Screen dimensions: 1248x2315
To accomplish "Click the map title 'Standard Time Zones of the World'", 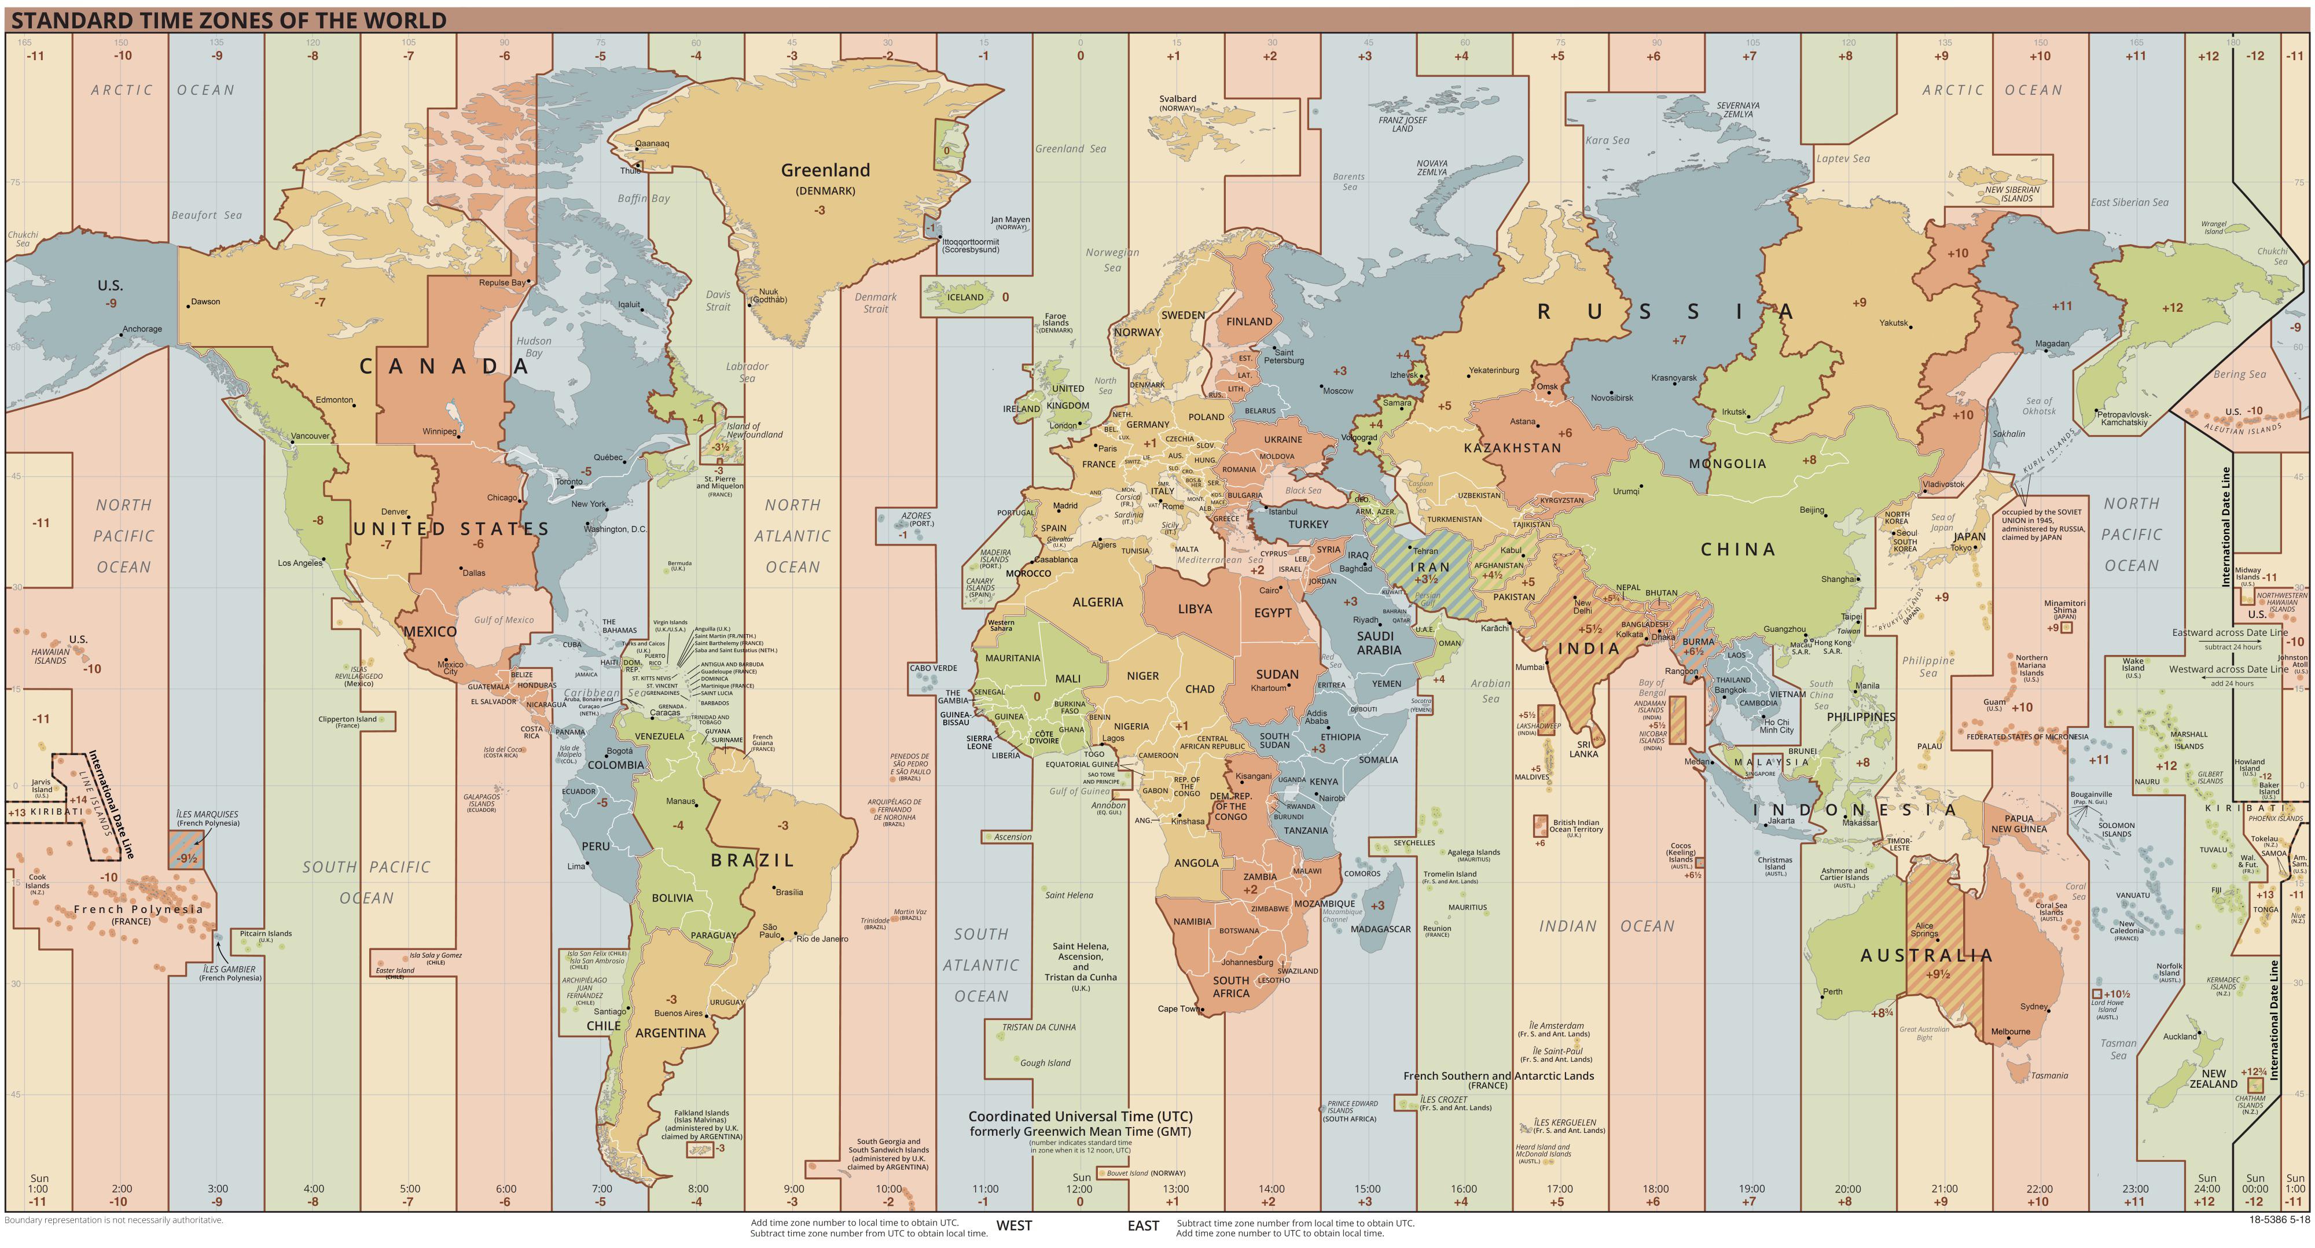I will (228, 20).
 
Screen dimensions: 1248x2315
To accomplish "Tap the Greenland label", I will (825, 170).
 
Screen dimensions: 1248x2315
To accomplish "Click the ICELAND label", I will (965, 297).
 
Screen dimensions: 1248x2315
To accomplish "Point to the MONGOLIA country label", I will (1726, 463).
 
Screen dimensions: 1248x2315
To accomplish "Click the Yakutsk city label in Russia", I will (1893, 322).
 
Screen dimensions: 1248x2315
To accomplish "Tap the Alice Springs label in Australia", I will (1924, 929).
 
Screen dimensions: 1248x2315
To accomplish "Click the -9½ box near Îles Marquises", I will (186, 858).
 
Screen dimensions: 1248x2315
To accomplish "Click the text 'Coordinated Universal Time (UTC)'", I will (1080, 1116).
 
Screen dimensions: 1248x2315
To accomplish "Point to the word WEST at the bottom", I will (1014, 1225).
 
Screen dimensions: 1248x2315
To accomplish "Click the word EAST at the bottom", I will (1143, 1225).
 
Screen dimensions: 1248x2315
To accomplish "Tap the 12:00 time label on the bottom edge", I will (1080, 1189).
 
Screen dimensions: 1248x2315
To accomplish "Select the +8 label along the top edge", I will (1845, 56).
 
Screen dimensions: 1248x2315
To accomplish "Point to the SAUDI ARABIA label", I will (1379, 642).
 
